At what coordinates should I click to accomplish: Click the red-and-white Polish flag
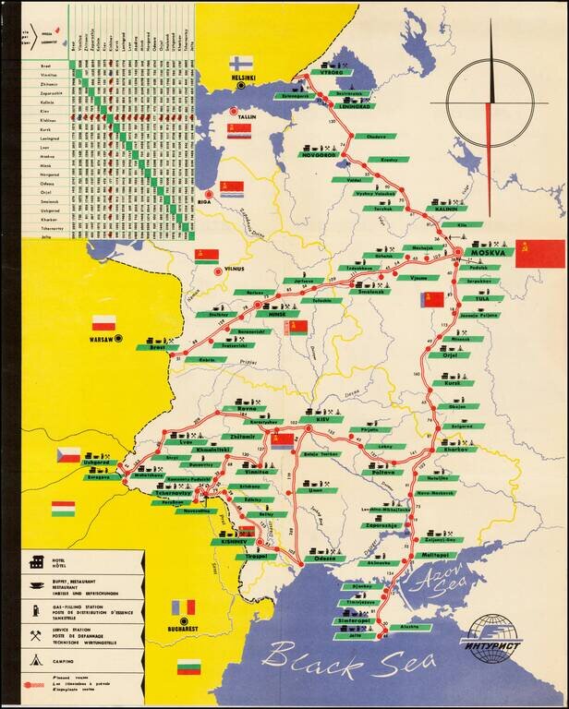pos(103,323)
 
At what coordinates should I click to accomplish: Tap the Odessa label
pos(323,559)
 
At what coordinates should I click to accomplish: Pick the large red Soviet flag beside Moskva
pos(539,253)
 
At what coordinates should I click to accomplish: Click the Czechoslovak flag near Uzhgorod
pos(68,455)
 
